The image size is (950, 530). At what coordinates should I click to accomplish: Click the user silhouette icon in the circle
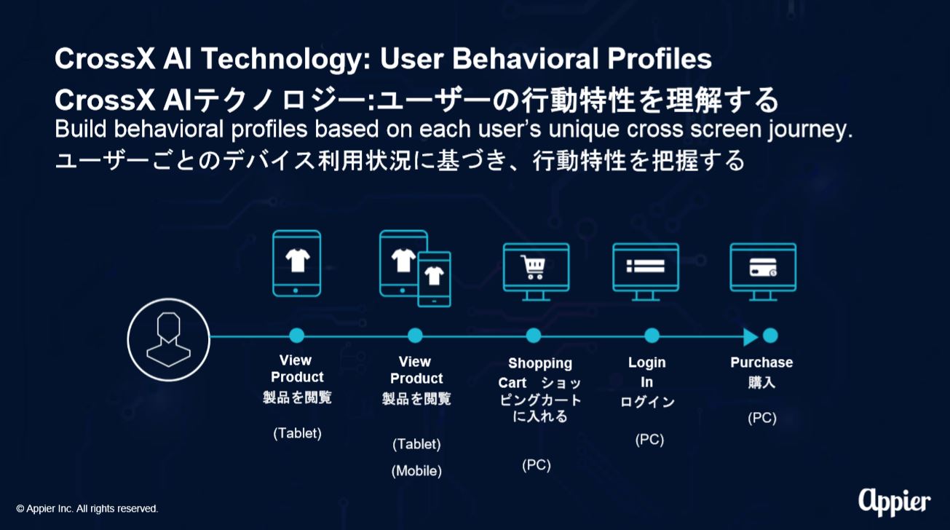pos(168,340)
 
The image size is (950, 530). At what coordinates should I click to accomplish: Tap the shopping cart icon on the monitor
pos(534,267)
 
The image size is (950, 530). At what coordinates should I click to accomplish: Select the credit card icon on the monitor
pos(763,267)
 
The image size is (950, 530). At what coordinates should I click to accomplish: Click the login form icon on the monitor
pos(646,266)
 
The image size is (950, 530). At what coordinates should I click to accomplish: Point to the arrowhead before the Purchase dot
pos(751,337)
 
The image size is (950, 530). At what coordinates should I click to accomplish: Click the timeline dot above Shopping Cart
pos(534,336)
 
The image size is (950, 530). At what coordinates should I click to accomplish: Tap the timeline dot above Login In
pos(652,336)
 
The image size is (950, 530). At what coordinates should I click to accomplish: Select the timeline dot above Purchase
pos(770,336)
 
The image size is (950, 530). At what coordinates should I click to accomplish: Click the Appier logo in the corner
pos(895,502)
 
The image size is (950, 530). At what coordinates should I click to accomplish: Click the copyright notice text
pos(87,508)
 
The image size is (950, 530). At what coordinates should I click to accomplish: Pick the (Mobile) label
pos(416,471)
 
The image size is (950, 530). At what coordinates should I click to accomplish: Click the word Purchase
pos(761,363)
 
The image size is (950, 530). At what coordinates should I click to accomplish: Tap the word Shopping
pos(540,364)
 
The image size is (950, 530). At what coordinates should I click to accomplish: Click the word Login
pos(646,363)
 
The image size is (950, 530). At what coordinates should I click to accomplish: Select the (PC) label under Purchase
pos(762,418)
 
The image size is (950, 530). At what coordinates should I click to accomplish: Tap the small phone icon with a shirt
pos(434,279)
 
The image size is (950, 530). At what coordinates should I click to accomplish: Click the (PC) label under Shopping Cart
pos(537,465)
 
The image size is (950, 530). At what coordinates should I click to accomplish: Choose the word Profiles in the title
pos(660,58)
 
